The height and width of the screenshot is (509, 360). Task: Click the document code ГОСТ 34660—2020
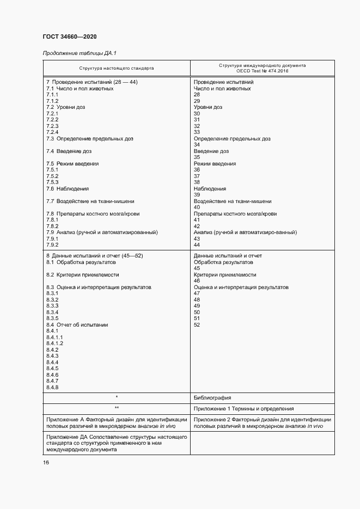(69, 36)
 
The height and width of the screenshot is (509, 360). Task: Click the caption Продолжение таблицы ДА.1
(79, 53)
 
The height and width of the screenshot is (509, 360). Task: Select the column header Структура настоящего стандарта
(116, 69)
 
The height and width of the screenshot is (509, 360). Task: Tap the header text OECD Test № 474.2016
(263, 71)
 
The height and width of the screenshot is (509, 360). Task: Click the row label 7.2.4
(52, 132)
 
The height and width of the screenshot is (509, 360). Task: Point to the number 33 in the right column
(197, 132)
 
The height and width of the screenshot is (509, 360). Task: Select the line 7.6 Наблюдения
(67, 189)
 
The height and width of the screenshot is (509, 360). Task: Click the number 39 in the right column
(197, 195)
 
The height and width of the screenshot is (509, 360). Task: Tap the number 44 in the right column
(197, 245)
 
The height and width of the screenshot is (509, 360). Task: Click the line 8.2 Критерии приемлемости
(82, 275)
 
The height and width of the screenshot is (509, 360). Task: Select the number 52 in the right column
(197, 325)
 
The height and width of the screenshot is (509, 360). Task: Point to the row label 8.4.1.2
(54, 344)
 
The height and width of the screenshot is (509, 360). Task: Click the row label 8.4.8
(52, 388)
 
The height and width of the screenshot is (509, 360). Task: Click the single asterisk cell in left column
(117, 398)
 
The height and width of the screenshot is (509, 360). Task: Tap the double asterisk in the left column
(117, 408)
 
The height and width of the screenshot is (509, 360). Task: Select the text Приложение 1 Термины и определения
(243, 408)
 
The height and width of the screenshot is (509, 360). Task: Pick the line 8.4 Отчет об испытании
(77, 325)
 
